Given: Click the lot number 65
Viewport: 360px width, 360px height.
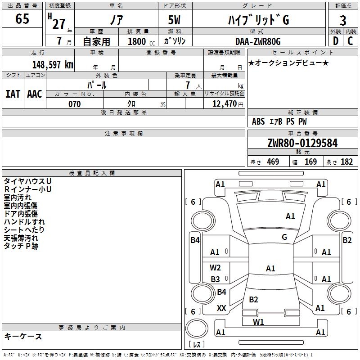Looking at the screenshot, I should tap(22, 19).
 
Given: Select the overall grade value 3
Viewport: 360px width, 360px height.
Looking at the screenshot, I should tap(343, 21).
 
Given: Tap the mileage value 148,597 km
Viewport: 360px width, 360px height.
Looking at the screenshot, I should tap(53, 64).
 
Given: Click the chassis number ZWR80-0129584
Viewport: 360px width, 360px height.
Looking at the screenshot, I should tap(302, 143).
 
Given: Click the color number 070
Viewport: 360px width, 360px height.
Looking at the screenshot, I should tap(74, 104).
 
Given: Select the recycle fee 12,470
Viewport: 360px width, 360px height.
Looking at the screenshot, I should tap(224, 104).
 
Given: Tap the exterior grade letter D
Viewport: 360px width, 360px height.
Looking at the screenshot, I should tap(335, 41).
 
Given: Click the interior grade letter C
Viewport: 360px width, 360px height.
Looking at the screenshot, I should tap(350, 41).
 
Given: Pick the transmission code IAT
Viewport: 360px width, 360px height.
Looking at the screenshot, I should tap(13, 94).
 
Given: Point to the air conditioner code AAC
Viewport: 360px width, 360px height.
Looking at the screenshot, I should tap(34, 94).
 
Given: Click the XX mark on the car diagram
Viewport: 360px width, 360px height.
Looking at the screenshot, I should tap(221, 308).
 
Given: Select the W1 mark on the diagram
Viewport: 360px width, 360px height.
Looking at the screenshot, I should tap(258, 322).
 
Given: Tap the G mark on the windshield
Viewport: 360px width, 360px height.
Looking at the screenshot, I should tap(284, 237).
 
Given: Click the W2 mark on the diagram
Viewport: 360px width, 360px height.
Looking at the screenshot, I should tap(216, 268).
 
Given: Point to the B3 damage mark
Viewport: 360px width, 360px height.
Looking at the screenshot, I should tap(216, 279).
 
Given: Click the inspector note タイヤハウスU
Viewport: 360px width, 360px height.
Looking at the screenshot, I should tap(27, 181).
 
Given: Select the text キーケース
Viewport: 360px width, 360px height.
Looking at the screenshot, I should tap(23, 336).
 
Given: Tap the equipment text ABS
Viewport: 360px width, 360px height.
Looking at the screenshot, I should tap(258, 121).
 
